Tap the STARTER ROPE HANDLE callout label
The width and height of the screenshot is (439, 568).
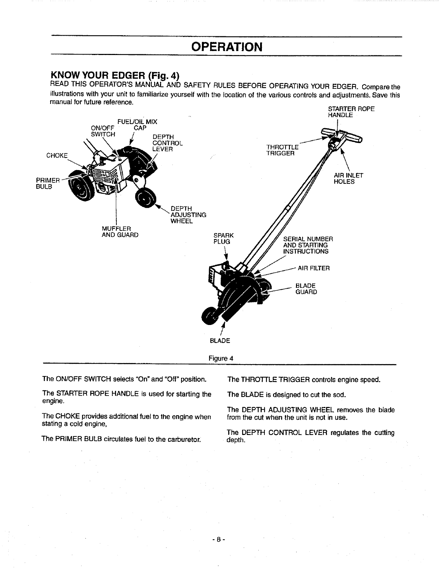351,112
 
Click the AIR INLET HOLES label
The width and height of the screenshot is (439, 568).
348,178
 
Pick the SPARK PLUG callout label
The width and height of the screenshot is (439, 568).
223,238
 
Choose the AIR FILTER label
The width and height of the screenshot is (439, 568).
314,268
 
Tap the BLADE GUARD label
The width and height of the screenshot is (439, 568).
306,289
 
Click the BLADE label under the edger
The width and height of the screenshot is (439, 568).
220,340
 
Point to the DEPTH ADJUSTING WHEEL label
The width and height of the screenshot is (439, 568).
188,215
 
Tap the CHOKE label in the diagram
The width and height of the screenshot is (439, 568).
57,155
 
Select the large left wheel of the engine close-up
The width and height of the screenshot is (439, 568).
82,187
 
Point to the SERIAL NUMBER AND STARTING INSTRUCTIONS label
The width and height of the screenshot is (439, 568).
308,245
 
